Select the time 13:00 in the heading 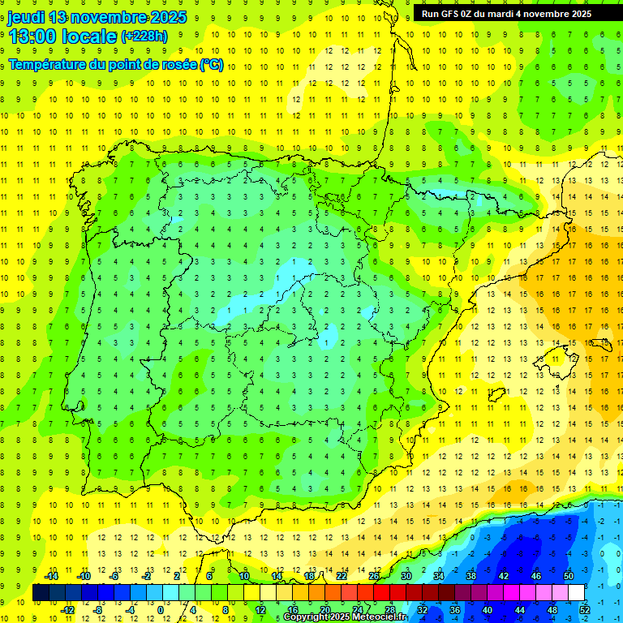[x=33, y=37]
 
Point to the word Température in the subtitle [x=46, y=64]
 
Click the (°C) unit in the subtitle [x=212, y=64]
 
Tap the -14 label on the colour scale [x=51, y=576]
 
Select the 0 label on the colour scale [x=160, y=610]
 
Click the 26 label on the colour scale [x=374, y=576]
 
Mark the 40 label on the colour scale [x=487, y=610]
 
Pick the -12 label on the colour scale [x=67, y=610]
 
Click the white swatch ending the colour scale [x=576, y=593]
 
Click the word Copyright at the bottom [x=307, y=617]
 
